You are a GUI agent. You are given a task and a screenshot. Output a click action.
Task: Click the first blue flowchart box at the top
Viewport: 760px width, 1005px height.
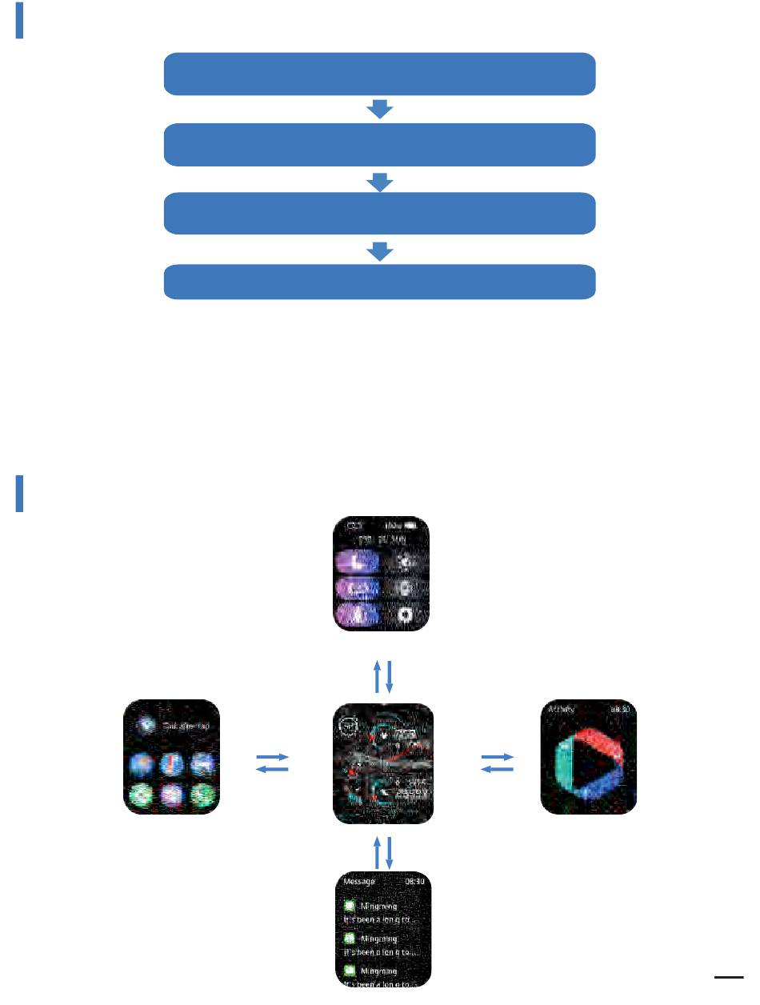tap(380, 74)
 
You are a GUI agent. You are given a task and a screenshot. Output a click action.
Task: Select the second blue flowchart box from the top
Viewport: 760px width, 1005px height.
tap(380, 144)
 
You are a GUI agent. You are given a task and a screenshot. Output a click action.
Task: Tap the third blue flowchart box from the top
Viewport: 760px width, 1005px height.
tap(380, 213)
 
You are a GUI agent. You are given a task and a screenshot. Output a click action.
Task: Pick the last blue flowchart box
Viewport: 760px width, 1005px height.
tap(380, 282)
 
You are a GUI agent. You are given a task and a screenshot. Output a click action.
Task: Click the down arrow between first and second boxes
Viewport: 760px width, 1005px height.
tap(380, 110)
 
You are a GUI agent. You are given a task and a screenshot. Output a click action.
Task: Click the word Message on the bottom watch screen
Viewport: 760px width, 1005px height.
tap(358, 881)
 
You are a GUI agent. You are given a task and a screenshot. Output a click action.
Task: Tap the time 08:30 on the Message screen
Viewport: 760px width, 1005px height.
tap(414, 881)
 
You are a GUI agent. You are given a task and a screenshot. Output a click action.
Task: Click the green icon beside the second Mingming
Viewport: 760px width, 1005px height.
tap(350, 938)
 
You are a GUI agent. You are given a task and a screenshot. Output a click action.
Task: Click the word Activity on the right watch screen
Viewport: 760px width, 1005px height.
tap(561, 709)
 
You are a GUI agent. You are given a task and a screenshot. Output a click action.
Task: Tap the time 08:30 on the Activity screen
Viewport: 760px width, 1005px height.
tap(621, 709)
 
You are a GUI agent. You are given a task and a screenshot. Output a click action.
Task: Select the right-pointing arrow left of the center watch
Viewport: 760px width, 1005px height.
tap(271, 756)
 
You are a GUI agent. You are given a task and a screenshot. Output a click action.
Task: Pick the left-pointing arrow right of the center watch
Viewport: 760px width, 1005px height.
tap(496, 770)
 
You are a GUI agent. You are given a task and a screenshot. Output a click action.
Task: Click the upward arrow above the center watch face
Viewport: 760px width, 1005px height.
tap(377, 676)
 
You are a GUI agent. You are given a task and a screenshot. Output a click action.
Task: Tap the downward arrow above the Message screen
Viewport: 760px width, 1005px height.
tap(390, 853)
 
